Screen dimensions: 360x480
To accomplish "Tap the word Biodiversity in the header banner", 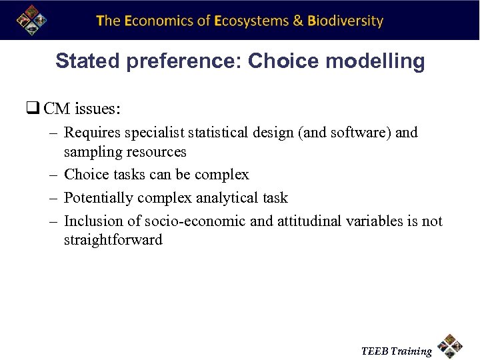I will [345, 21].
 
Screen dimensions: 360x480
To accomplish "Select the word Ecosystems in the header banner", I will [251, 21].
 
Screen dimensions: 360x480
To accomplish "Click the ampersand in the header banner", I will [299, 21].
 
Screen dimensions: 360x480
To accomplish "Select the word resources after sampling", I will [155, 152].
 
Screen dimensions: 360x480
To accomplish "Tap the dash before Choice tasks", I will [53, 175].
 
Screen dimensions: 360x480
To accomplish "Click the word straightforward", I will [113, 240].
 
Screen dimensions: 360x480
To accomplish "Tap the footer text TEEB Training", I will [396, 351].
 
